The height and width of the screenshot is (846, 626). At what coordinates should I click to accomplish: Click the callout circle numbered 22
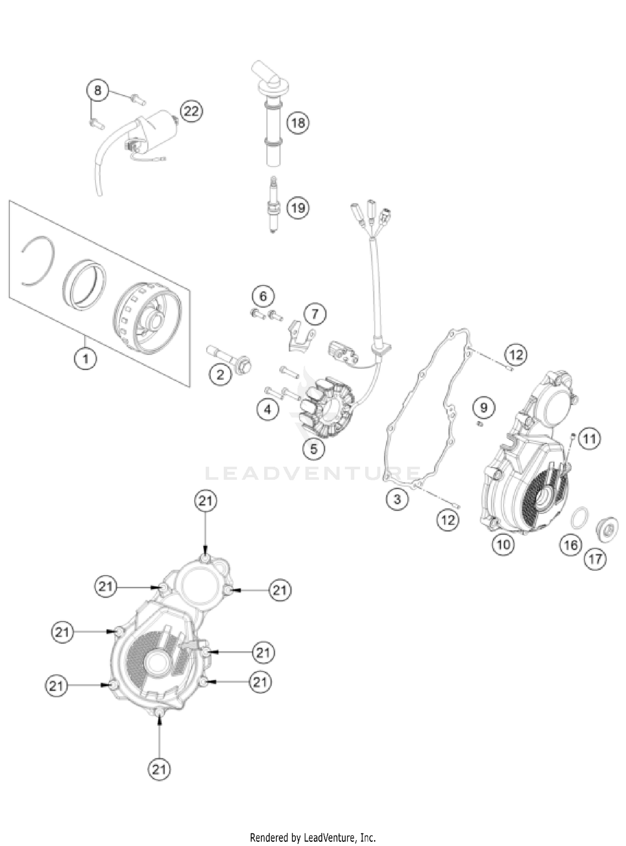[x=192, y=111]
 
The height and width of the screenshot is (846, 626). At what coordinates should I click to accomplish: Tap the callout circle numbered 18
[x=298, y=123]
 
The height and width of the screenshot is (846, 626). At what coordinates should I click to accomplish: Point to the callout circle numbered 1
[x=86, y=358]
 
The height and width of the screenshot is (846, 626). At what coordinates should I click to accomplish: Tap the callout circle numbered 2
[x=220, y=374]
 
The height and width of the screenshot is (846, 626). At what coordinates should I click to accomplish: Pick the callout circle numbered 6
[x=263, y=296]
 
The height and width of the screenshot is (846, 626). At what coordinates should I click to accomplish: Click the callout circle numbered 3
[x=397, y=499]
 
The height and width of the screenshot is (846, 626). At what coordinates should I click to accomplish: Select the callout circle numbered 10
[x=503, y=544]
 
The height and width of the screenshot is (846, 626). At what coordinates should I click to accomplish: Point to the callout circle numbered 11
[x=589, y=438]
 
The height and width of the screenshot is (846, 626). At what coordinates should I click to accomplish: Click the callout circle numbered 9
[x=484, y=407]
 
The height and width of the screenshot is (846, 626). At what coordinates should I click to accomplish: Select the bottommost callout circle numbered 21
[x=159, y=769]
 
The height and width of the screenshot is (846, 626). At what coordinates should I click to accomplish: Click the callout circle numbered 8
[x=98, y=90]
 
